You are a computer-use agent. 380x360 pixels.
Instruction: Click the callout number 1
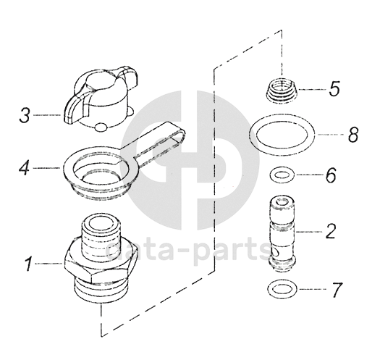[x=29, y=264]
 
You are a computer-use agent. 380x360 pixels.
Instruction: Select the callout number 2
[x=331, y=232]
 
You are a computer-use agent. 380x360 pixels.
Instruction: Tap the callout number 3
[x=25, y=115]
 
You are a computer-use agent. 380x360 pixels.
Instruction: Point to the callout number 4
[x=24, y=168]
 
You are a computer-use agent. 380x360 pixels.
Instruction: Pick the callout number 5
[x=334, y=89]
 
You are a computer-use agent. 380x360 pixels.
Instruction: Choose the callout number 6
[x=331, y=175]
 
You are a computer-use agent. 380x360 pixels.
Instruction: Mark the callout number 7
[x=337, y=290]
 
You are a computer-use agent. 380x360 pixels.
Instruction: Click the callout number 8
[x=353, y=134]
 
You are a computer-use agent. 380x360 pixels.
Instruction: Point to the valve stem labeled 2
[x=282, y=233]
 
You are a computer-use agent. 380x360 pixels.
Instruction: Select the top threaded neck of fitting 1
[x=101, y=233]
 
